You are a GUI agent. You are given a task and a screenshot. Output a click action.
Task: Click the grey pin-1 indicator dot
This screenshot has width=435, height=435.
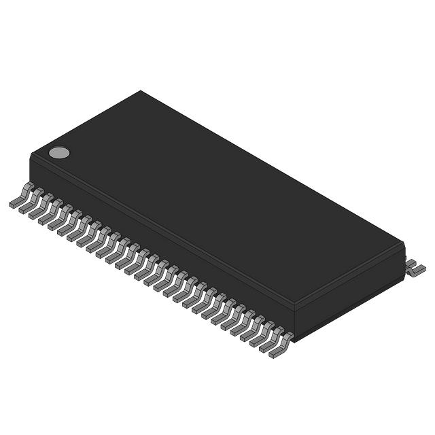(59, 152)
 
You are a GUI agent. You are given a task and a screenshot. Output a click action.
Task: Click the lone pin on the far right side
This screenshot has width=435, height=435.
(415, 268)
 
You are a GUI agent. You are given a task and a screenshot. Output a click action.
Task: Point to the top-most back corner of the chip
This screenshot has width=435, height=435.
(141, 91)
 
